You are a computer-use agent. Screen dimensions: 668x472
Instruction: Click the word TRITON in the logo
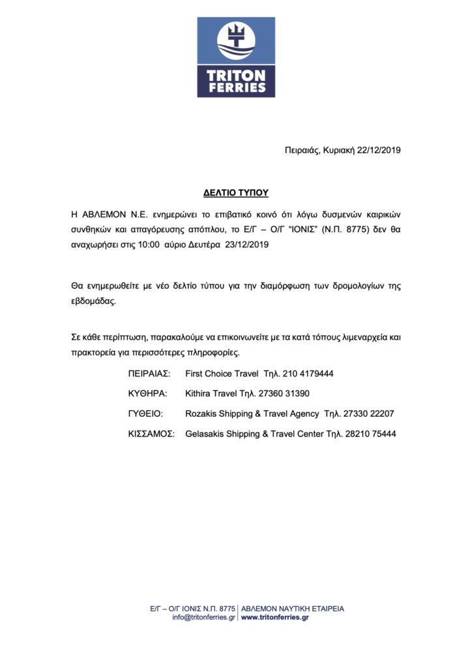point(236,75)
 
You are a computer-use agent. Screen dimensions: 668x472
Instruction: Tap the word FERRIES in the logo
point(236,87)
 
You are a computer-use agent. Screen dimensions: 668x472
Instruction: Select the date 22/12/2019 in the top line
point(379,150)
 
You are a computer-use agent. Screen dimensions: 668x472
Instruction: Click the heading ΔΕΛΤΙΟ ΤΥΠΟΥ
point(236,193)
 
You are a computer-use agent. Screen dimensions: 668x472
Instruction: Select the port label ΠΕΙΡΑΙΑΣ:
point(149,374)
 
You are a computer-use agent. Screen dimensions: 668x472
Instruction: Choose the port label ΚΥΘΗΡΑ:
point(148,394)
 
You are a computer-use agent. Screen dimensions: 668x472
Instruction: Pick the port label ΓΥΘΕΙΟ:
point(146,414)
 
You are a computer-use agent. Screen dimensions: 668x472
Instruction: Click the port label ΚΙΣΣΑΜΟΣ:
point(152,434)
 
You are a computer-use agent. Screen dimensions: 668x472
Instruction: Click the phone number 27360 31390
point(282,394)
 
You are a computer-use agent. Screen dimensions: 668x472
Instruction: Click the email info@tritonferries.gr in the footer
point(203,617)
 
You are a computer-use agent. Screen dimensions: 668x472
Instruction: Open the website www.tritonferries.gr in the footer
point(275,617)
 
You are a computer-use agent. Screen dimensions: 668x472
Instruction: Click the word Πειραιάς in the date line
point(301,150)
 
